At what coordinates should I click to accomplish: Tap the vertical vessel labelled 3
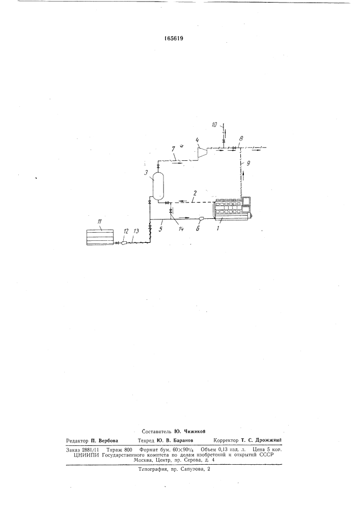158,186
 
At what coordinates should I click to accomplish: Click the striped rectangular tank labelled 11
100,237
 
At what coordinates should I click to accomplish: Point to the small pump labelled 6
201,219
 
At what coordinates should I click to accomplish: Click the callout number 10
214,124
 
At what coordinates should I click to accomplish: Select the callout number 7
174,150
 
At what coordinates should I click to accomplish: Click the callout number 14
181,229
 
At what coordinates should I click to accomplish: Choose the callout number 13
135,231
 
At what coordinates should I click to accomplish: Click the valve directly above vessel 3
158,166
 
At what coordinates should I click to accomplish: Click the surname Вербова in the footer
108,441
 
